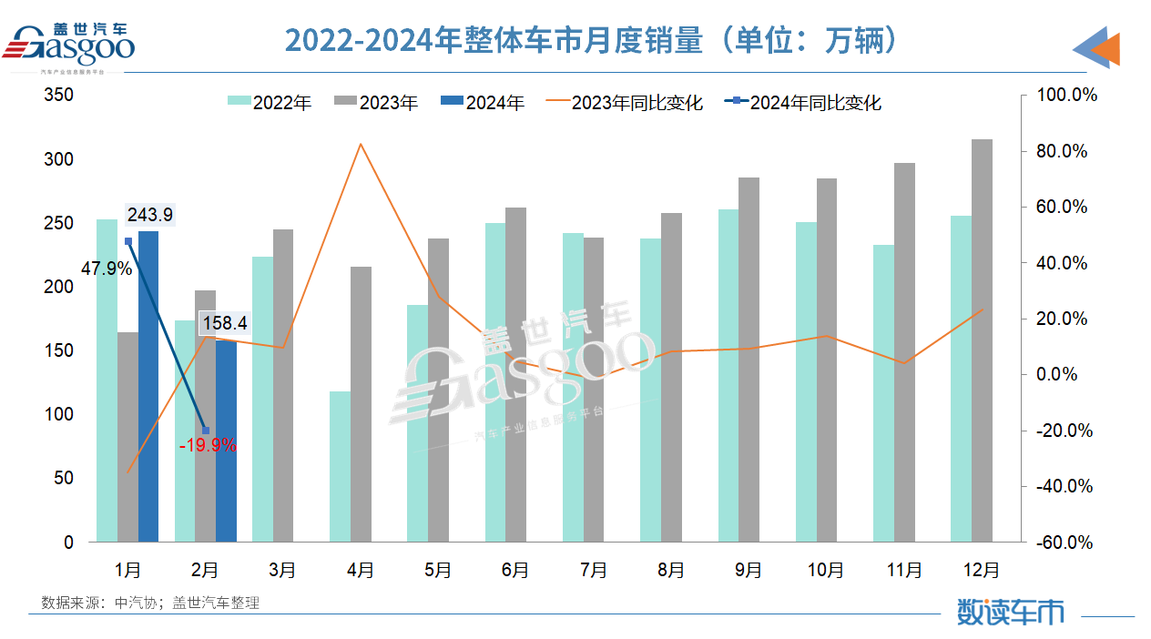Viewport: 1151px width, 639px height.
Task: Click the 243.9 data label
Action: click(150, 215)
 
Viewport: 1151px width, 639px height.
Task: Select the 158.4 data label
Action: click(225, 323)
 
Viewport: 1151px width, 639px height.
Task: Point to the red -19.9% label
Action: click(208, 445)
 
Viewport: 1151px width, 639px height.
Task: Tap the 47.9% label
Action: click(107, 269)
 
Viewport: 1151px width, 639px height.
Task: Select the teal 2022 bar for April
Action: click(339, 466)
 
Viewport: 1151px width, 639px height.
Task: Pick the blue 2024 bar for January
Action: click(148, 386)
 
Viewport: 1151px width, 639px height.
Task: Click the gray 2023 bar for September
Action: click(749, 360)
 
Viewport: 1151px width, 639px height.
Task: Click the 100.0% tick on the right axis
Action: click(1062, 96)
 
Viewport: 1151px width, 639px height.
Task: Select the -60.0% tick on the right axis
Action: click(1062, 543)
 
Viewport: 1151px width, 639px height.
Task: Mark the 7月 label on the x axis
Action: click(593, 570)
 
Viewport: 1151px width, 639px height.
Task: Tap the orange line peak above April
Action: click(361, 144)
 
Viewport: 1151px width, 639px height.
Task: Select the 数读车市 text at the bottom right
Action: click(1010, 611)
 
